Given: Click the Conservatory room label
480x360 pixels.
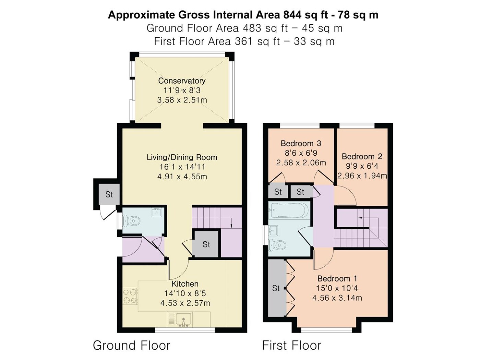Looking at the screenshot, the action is (182, 81).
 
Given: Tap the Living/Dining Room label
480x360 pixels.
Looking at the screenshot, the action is (182, 157).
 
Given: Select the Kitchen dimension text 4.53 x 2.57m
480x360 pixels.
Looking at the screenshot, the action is (185, 303).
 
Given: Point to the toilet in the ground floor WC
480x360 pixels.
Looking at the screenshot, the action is (131, 221).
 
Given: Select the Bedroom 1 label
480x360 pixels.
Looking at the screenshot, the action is (337, 279).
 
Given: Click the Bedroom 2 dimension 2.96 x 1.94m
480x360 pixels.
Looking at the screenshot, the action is (362, 176).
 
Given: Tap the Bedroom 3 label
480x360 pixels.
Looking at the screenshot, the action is (301, 144).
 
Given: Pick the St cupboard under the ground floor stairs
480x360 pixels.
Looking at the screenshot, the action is (206, 244).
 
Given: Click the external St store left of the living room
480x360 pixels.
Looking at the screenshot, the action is (109, 194).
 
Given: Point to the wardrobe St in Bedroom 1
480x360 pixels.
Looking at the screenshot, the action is (276, 288).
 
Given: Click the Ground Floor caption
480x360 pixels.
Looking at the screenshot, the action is (131, 346).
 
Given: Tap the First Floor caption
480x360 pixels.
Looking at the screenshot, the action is (291, 346).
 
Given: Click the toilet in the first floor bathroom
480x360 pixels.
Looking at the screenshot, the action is (277, 245).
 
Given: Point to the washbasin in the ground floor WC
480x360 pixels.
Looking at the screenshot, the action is (157, 212).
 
